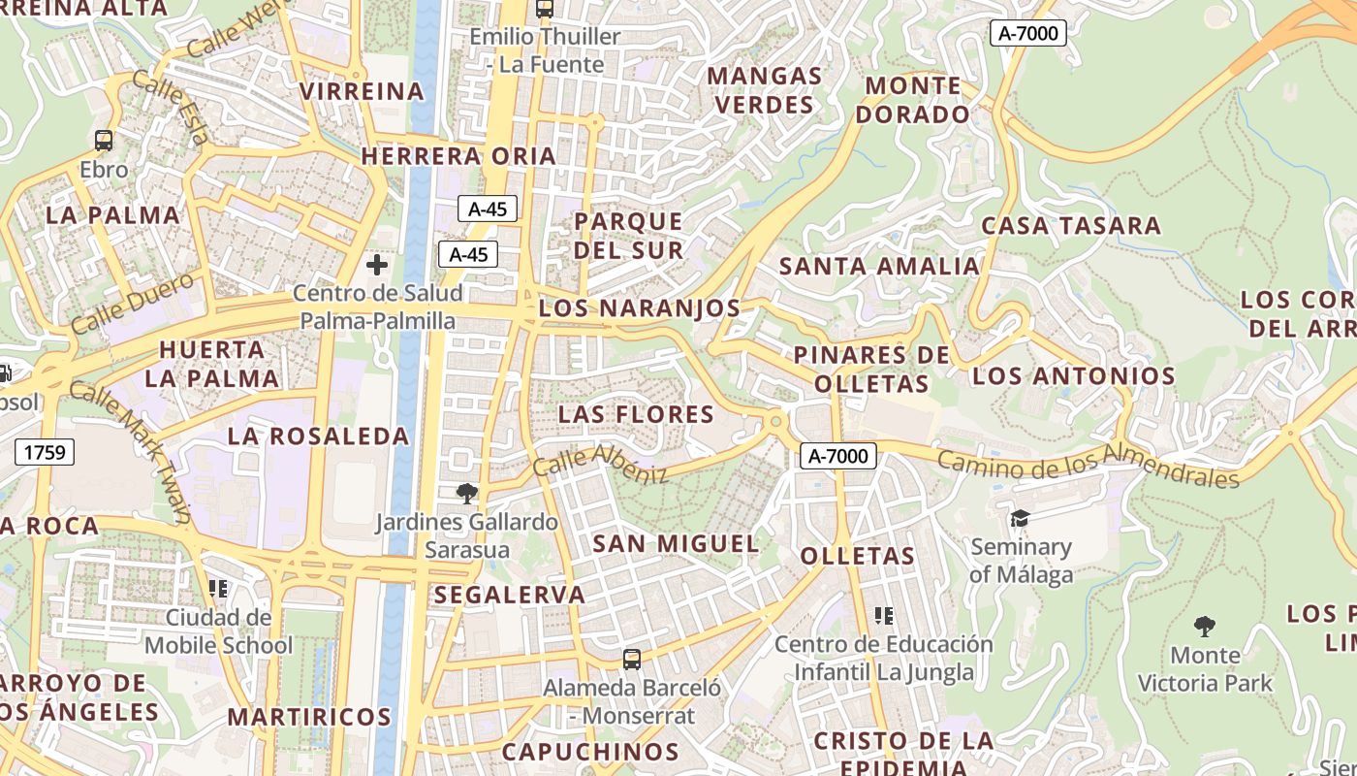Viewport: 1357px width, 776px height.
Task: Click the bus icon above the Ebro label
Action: pyautogui.click(x=104, y=141)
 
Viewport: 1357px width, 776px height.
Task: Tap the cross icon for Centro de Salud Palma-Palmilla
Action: pyautogui.click(x=377, y=264)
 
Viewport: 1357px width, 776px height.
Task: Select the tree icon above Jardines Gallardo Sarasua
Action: pyautogui.click(x=467, y=494)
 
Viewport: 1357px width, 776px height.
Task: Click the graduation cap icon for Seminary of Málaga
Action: pyautogui.click(x=1020, y=519)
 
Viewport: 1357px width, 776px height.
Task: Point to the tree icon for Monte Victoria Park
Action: pyautogui.click(x=1205, y=626)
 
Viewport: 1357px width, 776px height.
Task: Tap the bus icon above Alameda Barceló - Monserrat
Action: pyautogui.click(x=632, y=660)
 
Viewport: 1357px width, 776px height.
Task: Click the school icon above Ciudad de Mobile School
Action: pyautogui.click(x=218, y=588)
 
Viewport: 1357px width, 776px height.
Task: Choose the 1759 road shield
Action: pyautogui.click(x=45, y=451)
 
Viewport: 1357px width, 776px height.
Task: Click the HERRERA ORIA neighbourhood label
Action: pyautogui.click(x=458, y=156)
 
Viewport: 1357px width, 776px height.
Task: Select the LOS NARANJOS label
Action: pyautogui.click(x=640, y=308)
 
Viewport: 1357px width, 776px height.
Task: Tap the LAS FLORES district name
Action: pyautogui.click(x=636, y=415)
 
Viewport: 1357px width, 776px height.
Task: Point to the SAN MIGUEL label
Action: pyautogui.click(x=676, y=543)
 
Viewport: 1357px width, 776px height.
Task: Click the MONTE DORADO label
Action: pyautogui.click(x=916, y=100)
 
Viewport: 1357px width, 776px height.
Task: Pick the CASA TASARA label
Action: pyautogui.click(x=1071, y=226)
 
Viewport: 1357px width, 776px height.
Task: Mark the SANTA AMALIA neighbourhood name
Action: pyautogui.click(x=879, y=267)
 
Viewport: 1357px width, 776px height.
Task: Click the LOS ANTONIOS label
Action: pyautogui.click(x=1074, y=376)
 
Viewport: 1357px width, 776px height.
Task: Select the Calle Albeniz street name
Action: pyautogui.click(x=601, y=463)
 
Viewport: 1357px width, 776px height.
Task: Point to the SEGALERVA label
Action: pyautogui.click(x=510, y=595)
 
